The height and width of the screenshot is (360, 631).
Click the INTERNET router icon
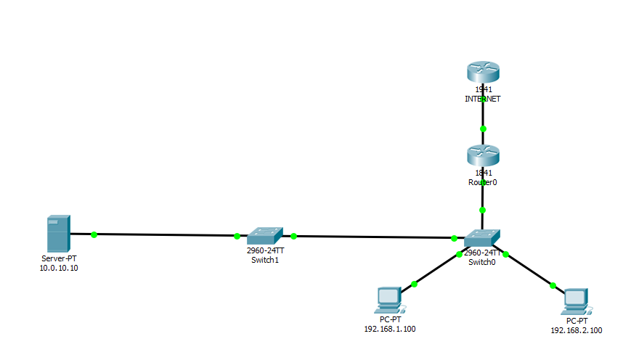tap(483, 73)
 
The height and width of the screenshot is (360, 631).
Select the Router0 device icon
tap(483, 155)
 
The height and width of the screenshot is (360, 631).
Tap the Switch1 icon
tap(264, 236)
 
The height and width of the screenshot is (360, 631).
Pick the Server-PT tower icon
tap(58, 233)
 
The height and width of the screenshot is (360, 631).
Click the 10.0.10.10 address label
tap(59, 268)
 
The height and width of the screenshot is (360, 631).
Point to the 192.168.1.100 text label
tap(389, 329)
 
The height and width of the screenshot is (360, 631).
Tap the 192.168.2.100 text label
tap(576, 330)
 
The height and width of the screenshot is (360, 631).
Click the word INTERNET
tap(483, 99)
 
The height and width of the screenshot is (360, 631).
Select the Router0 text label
tap(483, 182)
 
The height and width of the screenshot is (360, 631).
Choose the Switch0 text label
tap(482, 262)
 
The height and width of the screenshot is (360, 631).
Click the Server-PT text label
tap(59, 258)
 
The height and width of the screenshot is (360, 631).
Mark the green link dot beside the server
tap(94, 234)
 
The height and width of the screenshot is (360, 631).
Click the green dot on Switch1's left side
tap(237, 236)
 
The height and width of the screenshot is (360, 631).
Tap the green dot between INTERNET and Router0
tap(483, 128)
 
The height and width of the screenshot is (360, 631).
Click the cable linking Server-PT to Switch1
tap(166, 235)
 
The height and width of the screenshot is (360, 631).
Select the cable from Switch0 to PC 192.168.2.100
tap(529, 270)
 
